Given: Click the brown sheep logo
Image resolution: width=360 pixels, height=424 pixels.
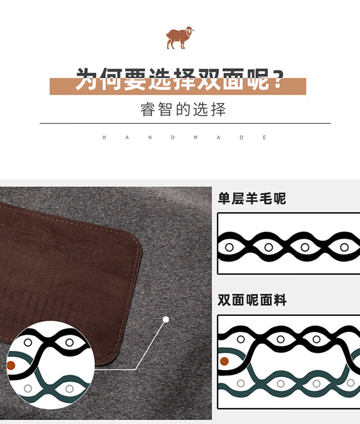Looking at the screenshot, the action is [x=180, y=38].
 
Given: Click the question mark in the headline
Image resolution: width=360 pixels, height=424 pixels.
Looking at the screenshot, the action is [x=277, y=79].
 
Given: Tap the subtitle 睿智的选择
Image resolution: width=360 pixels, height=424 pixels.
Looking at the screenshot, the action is [x=183, y=109].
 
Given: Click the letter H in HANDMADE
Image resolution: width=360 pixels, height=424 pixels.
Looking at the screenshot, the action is [x=104, y=137].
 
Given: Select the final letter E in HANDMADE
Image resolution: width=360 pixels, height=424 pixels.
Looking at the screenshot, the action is [x=264, y=137].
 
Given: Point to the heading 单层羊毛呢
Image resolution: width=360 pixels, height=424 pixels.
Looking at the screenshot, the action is [x=251, y=198].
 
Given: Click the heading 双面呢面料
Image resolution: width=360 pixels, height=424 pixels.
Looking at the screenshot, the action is [x=251, y=300].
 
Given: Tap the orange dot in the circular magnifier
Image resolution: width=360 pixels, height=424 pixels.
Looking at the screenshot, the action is [x=11, y=365].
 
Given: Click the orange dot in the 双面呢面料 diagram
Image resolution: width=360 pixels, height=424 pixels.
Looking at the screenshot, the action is [x=224, y=361].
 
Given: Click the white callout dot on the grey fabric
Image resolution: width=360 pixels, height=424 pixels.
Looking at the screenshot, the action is [x=166, y=320].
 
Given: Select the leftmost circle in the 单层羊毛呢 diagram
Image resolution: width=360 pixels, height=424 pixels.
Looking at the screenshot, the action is [x=229, y=247].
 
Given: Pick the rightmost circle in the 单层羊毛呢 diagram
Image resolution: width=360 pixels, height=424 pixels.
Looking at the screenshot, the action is [x=344, y=247].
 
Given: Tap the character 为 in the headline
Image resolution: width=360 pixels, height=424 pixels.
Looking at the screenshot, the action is [x=87, y=79].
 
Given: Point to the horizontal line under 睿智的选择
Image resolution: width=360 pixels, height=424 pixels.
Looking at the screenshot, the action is [x=185, y=123].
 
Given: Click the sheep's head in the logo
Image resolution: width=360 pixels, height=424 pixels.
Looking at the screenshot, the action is [x=190, y=30].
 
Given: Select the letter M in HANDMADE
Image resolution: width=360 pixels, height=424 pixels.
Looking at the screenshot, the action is [x=196, y=137].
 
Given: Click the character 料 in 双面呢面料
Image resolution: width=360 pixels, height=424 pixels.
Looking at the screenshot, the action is [x=280, y=300].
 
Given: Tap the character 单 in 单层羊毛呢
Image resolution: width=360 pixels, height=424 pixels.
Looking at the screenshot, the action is [x=224, y=198].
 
